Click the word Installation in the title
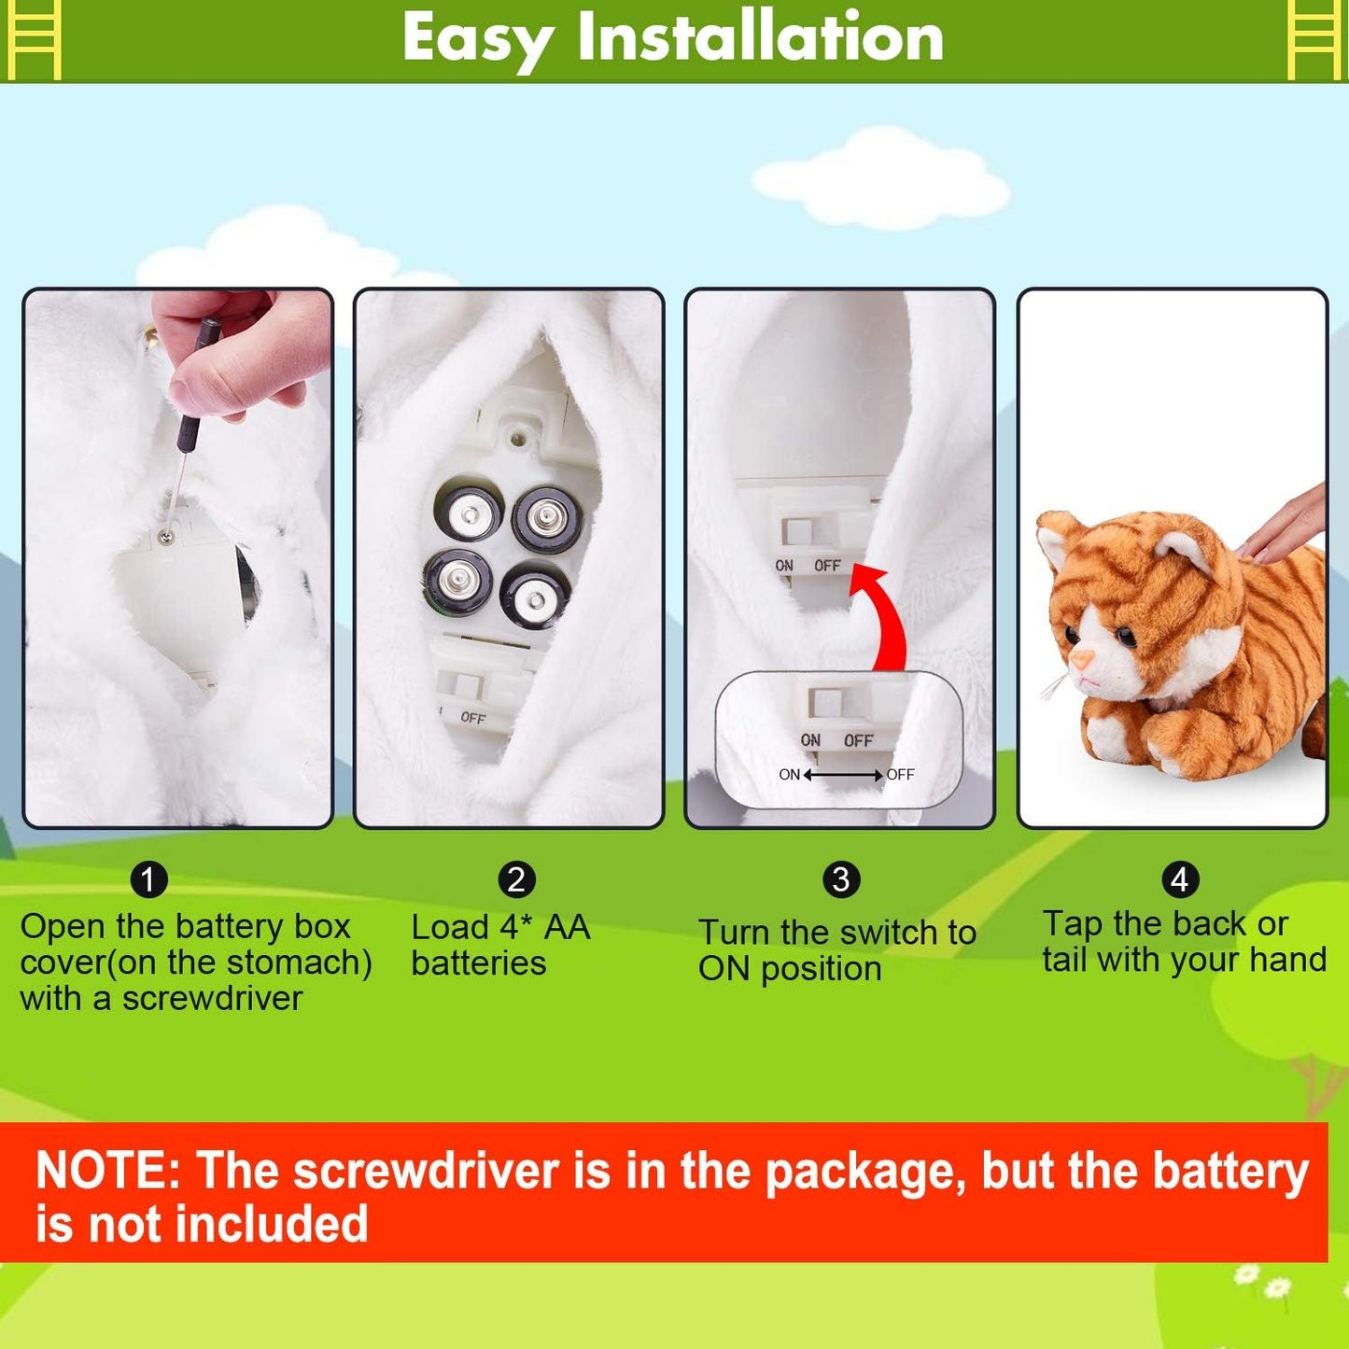[x=760, y=38]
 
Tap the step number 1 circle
[x=148, y=879]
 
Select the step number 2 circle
[x=516, y=879]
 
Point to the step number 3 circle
[x=840, y=879]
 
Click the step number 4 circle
[x=1179, y=879]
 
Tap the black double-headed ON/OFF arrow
[x=843, y=775]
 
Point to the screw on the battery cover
[x=166, y=536]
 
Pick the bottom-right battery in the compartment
[x=535, y=596]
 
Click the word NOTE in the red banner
[x=107, y=1171]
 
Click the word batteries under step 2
[x=478, y=963]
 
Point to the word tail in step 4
[x=1065, y=960]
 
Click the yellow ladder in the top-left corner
[x=34, y=39]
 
